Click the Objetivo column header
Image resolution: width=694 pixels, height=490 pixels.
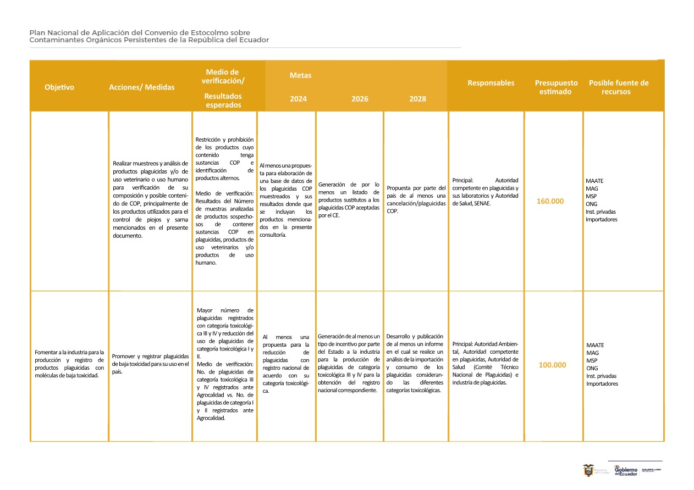[59, 87]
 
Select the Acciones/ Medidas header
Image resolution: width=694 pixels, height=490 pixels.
[141, 87]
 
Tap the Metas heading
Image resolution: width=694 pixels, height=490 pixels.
[300, 75]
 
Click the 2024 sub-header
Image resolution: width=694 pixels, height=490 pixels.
[298, 99]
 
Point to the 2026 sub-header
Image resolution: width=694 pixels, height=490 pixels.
[360, 99]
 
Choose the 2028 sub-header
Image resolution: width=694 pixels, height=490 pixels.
[417, 99]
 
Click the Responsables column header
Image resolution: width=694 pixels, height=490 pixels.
[491, 83]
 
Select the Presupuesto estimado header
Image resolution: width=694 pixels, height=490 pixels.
[556, 87]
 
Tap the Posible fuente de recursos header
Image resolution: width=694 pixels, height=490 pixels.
[619, 87]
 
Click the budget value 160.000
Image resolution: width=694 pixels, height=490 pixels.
[550, 201]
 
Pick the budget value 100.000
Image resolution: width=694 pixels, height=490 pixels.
[552, 365]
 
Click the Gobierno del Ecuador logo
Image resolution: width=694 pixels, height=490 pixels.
[625, 471]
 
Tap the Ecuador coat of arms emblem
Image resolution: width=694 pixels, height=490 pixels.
[588, 471]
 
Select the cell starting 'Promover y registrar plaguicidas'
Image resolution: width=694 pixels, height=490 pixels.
[150, 364]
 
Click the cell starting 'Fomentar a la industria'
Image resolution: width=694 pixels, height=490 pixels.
[69, 364]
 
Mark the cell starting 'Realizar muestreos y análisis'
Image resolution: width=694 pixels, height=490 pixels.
[150, 199]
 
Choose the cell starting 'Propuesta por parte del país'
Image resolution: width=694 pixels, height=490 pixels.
[416, 199]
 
